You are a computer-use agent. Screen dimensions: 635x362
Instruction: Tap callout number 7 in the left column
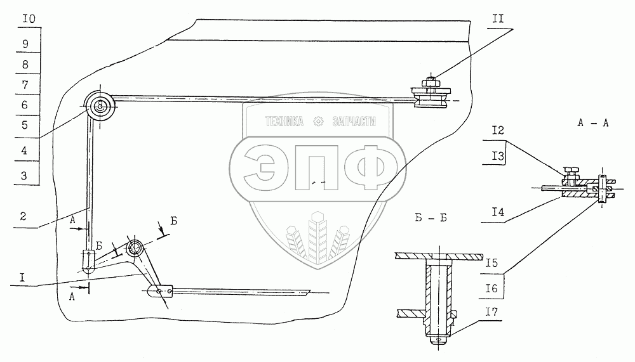click(24, 85)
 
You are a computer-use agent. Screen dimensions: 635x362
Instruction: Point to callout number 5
click(24, 126)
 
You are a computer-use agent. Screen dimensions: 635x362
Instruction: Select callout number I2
click(498, 131)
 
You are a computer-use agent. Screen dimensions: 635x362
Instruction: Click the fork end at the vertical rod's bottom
click(89, 259)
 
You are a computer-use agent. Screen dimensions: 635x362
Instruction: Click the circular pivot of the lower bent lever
click(135, 247)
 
